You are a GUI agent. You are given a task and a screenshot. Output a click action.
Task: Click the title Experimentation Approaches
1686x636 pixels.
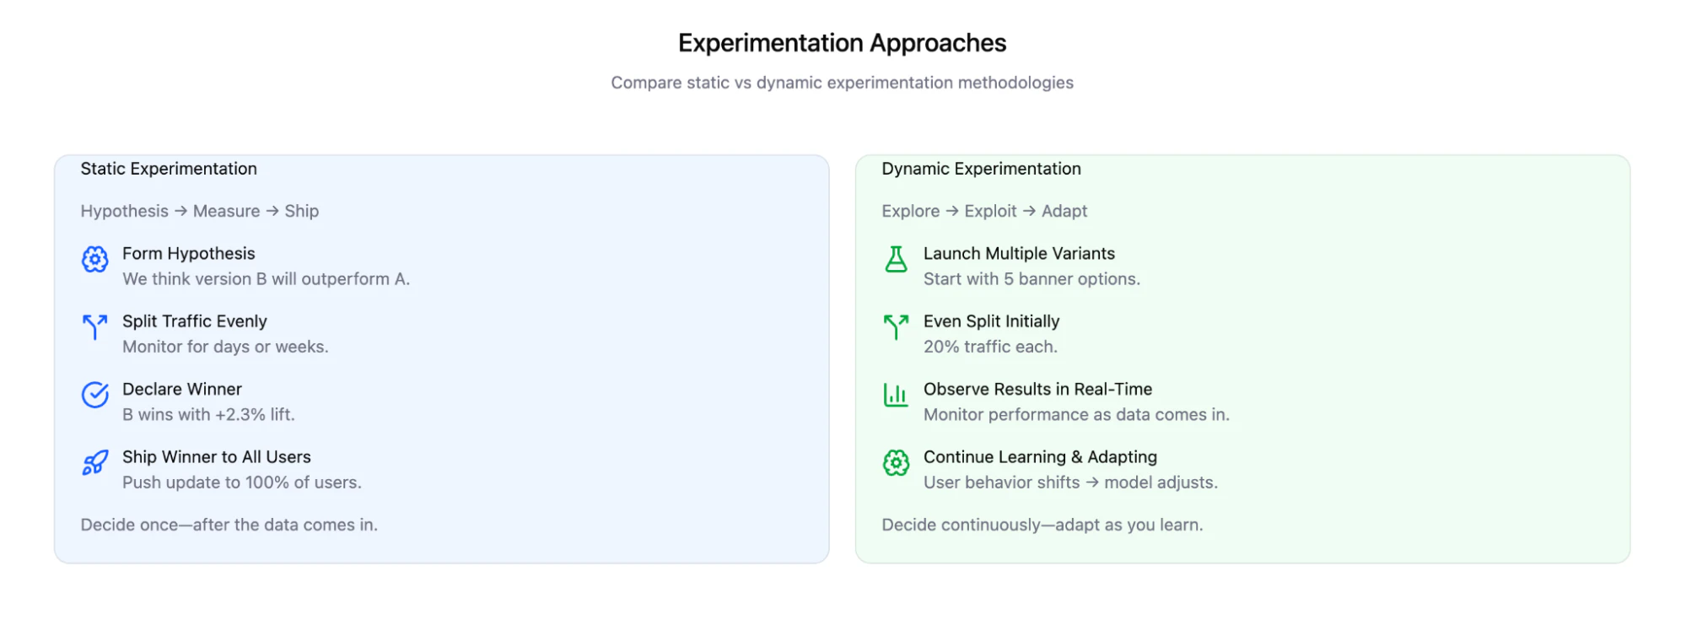click(x=842, y=43)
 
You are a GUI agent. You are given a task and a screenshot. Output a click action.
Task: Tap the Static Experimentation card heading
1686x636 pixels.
click(x=169, y=169)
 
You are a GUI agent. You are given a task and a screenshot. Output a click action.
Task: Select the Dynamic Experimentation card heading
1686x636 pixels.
click(x=981, y=169)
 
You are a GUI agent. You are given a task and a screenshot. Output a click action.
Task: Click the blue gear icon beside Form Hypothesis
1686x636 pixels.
click(x=94, y=260)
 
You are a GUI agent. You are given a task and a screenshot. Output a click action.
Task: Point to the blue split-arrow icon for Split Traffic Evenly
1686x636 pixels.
click(x=94, y=326)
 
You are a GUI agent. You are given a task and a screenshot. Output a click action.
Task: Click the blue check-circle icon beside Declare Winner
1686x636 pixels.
click(x=94, y=395)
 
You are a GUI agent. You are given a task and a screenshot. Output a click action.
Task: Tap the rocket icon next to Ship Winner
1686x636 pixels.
click(x=94, y=462)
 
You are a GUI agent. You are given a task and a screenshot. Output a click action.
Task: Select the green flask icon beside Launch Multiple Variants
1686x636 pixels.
click(x=896, y=259)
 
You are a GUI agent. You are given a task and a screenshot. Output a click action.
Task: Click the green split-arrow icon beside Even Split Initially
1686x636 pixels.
click(x=896, y=326)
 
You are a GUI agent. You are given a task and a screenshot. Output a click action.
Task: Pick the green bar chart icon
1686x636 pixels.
click(x=896, y=395)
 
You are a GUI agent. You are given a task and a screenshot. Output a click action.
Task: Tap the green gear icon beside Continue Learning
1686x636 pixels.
click(x=896, y=462)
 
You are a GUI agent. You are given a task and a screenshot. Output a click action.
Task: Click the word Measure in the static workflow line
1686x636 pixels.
click(x=226, y=211)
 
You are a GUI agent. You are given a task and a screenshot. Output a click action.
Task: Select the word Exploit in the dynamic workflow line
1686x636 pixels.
click(x=990, y=211)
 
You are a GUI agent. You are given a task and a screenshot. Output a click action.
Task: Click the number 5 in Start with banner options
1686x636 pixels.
click(x=1009, y=279)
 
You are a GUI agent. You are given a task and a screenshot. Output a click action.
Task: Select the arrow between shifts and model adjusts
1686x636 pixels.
click(x=1092, y=482)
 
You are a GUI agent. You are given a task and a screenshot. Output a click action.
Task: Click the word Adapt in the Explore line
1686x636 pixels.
click(x=1064, y=211)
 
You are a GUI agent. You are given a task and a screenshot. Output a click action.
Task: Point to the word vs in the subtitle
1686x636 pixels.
click(x=742, y=83)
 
